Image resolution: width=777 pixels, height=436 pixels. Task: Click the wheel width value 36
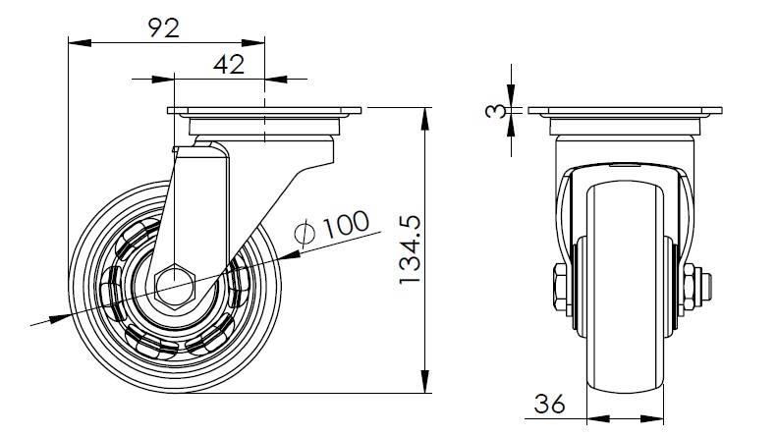click(x=550, y=402)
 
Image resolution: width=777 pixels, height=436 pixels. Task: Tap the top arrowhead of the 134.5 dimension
click(x=426, y=117)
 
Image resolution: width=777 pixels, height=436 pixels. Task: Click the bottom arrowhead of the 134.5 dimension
click(x=426, y=384)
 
